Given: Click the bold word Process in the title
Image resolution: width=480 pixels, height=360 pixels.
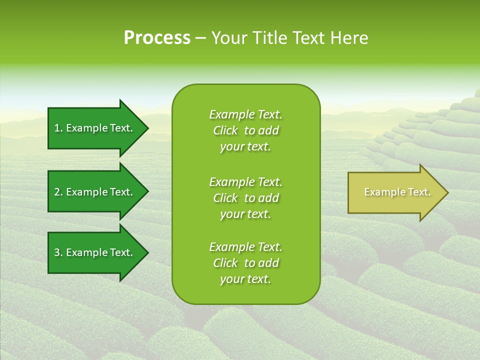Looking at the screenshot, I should (157, 38).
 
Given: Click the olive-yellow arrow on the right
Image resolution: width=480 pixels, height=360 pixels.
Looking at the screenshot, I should (395, 192).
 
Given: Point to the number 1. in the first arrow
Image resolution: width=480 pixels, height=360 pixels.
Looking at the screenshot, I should (58, 128).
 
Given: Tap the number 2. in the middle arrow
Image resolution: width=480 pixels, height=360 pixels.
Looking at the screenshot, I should (58, 192).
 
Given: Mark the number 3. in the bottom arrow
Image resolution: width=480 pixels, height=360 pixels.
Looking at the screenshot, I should (58, 252).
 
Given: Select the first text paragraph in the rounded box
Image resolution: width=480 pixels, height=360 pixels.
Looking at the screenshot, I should (245, 130).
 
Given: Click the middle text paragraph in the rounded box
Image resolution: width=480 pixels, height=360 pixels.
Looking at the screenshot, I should (245, 198).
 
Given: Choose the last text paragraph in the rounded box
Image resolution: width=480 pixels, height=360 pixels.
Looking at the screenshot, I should (245, 263).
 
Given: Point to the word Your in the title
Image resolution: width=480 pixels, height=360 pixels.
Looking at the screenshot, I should (229, 38).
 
